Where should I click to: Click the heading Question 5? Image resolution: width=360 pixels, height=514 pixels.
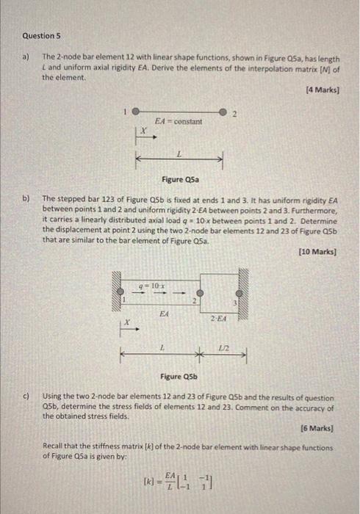[x=40, y=35]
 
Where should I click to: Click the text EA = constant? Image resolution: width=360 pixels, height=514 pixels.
[x=178, y=120]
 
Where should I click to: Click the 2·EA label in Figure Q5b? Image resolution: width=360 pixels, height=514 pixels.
[x=218, y=317]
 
